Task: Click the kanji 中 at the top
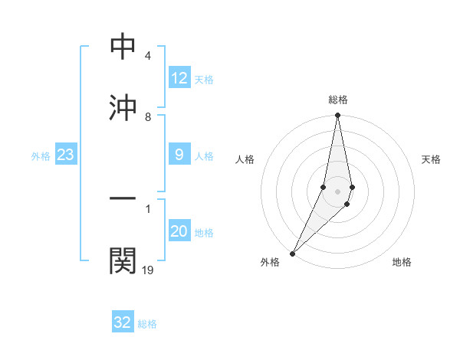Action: pyautogui.click(x=123, y=47)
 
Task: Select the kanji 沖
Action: pyautogui.click(x=123, y=107)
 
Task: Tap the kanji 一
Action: pyautogui.click(x=123, y=199)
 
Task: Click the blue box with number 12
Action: pyautogui.click(x=179, y=78)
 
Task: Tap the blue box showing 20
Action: pyautogui.click(x=179, y=232)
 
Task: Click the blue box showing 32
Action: pyautogui.click(x=123, y=322)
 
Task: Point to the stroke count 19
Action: pyautogui.click(x=148, y=270)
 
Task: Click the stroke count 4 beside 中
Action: pyautogui.click(x=148, y=57)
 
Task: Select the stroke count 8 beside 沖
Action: pyautogui.click(x=148, y=116)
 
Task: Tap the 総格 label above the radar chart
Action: pyautogui.click(x=337, y=100)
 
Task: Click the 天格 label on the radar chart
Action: pyautogui.click(x=431, y=159)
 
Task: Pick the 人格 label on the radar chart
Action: pyautogui.click(x=245, y=159)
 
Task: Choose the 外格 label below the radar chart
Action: pyautogui.click(x=270, y=262)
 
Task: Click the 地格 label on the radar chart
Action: pyautogui.click(x=402, y=262)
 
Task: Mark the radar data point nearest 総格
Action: pyautogui.click(x=337, y=116)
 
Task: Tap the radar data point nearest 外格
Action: pyautogui.click(x=292, y=253)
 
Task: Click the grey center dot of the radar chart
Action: pyautogui.click(x=337, y=191)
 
